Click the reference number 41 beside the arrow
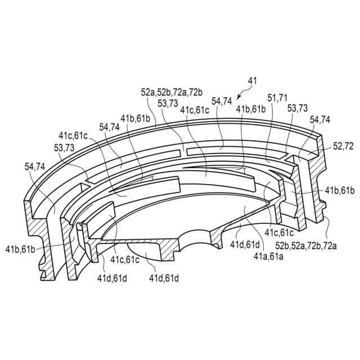coord(253,81)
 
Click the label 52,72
coord(343,146)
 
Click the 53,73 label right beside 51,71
coord(297,108)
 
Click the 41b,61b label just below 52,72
coord(340,191)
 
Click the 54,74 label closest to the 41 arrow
coord(222,101)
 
